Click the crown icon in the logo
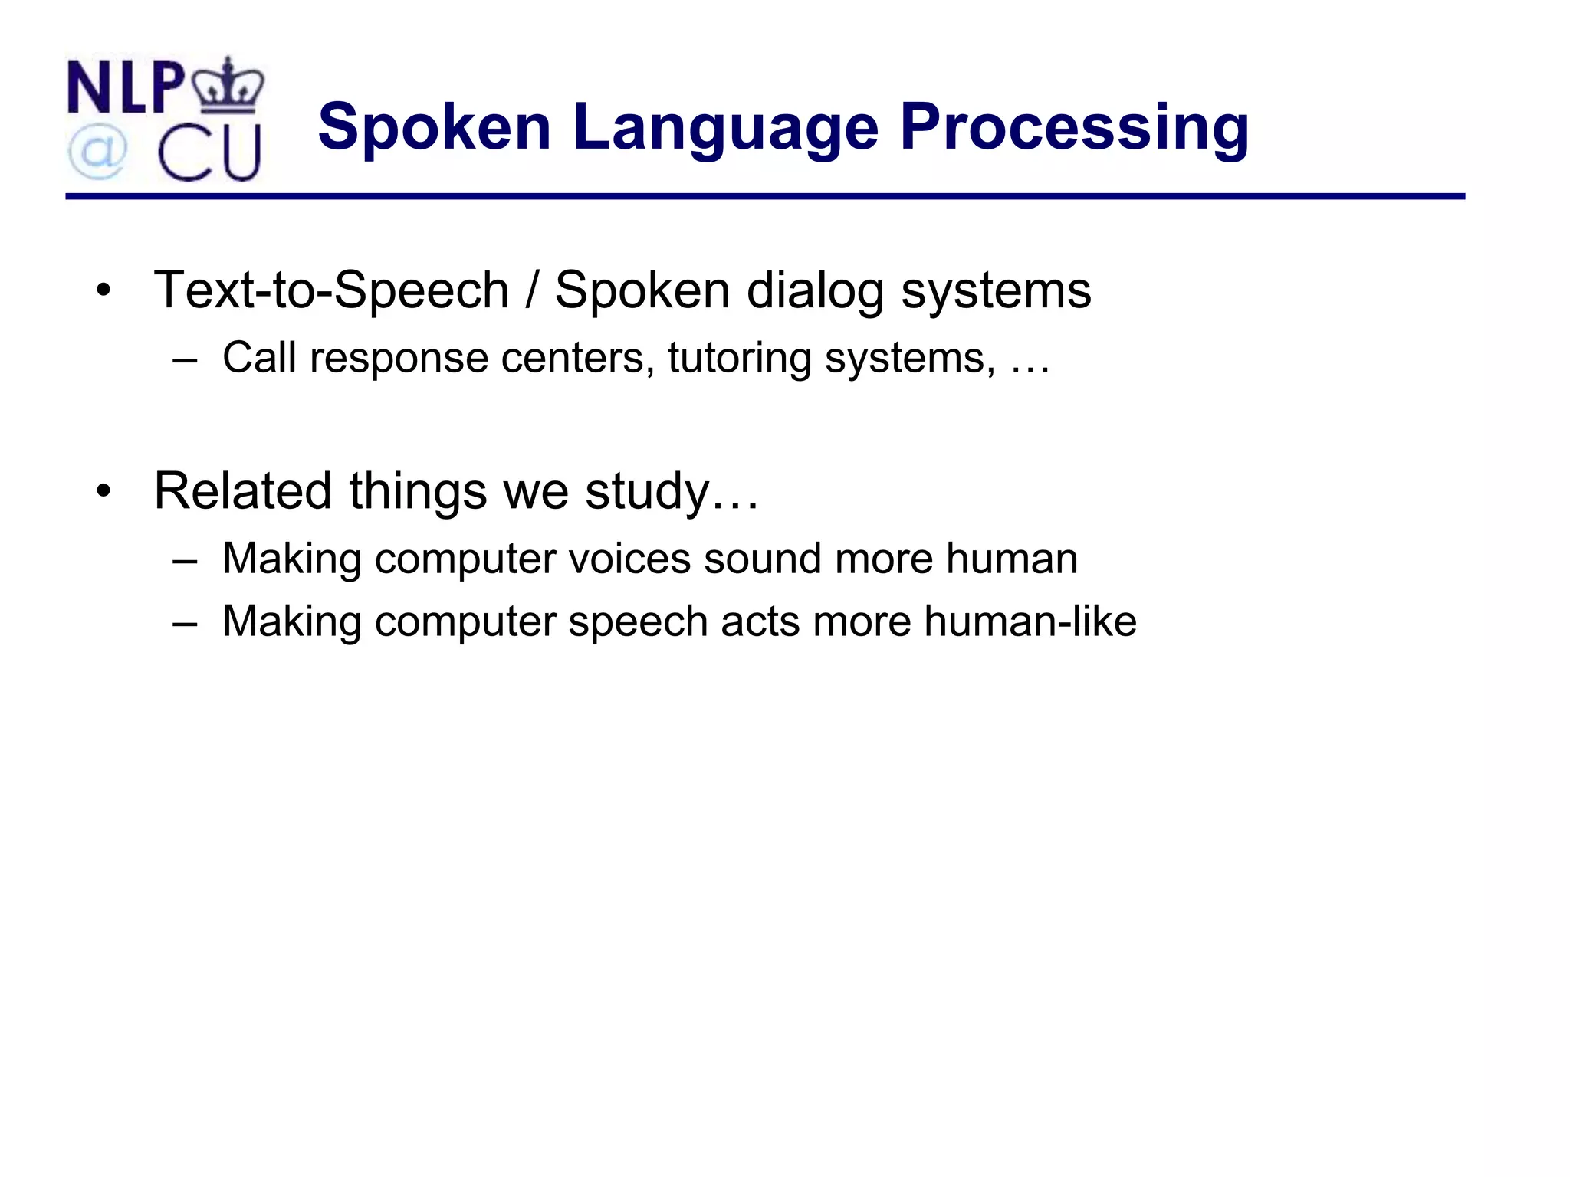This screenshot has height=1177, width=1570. pyautogui.click(x=228, y=84)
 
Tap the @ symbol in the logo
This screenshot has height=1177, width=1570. pyautogui.click(x=97, y=152)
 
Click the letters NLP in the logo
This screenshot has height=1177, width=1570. pyautogui.click(x=126, y=87)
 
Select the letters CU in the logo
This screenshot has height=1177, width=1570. pyautogui.click(x=209, y=154)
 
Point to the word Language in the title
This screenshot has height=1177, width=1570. pyautogui.click(x=725, y=128)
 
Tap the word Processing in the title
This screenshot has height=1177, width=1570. pyautogui.click(x=1074, y=128)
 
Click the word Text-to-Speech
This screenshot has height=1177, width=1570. pyautogui.click(x=331, y=290)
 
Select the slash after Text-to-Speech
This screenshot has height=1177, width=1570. pyautogui.click(x=531, y=290)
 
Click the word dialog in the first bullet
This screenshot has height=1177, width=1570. pyautogui.click(x=815, y=292)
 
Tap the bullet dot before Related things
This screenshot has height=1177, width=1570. pyautogui.click(x=103, y=491)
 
